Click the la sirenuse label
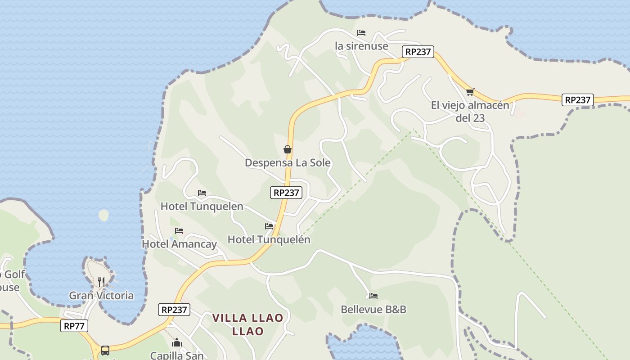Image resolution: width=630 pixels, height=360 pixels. click(x=361, y=46)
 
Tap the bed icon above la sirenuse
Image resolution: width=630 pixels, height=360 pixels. click(x=361, y=33)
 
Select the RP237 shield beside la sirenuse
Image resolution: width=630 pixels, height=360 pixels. click(x=418, y=52)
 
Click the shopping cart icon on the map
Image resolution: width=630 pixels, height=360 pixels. click(x=470, y=92)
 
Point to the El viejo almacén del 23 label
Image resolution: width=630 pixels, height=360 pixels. click(x=470, y=112)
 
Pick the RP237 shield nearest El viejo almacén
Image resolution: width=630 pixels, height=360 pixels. click(x=577, y=100)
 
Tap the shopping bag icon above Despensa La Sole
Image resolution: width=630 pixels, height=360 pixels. click(x=288, y=149)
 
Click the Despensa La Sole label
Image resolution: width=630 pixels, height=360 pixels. click(x=288, y=162)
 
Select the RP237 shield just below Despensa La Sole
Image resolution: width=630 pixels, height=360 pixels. click(x=286, y=193)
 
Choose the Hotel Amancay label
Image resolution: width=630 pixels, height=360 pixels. click(x=179, y=244)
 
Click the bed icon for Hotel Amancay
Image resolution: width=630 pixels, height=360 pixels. click(x=179, y=231)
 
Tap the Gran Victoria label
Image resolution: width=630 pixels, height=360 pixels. click(x=101, y=296)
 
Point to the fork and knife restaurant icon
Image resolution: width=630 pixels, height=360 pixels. click(x=101, y=282)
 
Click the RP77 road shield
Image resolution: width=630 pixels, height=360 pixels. click(x=74, y=326)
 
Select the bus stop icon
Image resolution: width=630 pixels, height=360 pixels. click(x=105, y=350)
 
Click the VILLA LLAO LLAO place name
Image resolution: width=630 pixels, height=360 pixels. click(x=247, y=324)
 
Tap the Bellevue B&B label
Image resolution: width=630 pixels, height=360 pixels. click(x=373, y=310)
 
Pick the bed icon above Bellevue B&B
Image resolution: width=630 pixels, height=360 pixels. click(x=373, y=296)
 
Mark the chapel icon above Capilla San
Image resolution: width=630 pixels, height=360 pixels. click(x=176, y=343)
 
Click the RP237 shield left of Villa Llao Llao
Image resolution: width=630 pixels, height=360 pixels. click(x=174, y=310)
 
